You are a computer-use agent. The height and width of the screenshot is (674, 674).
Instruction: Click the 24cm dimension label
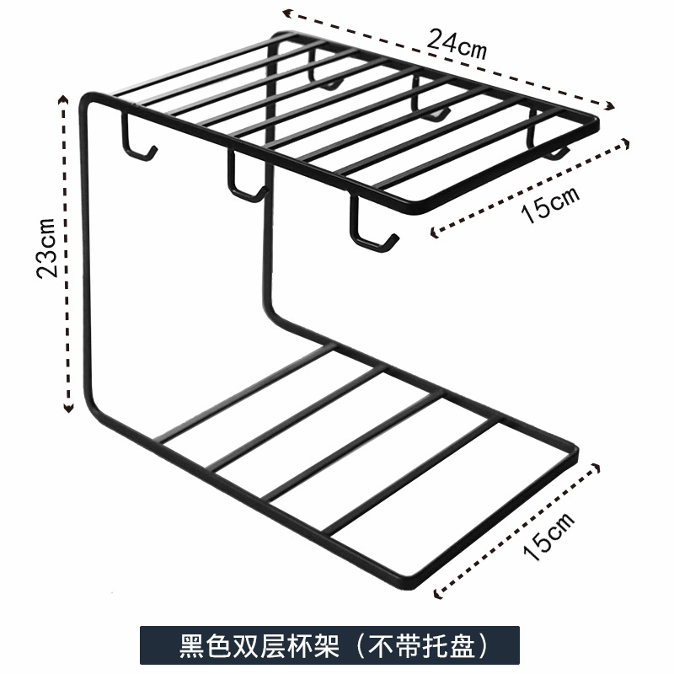(457, 42)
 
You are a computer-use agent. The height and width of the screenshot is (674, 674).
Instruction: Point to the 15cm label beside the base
(549, 536)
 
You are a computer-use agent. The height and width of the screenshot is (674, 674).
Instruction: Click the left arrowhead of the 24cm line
(286, 12)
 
